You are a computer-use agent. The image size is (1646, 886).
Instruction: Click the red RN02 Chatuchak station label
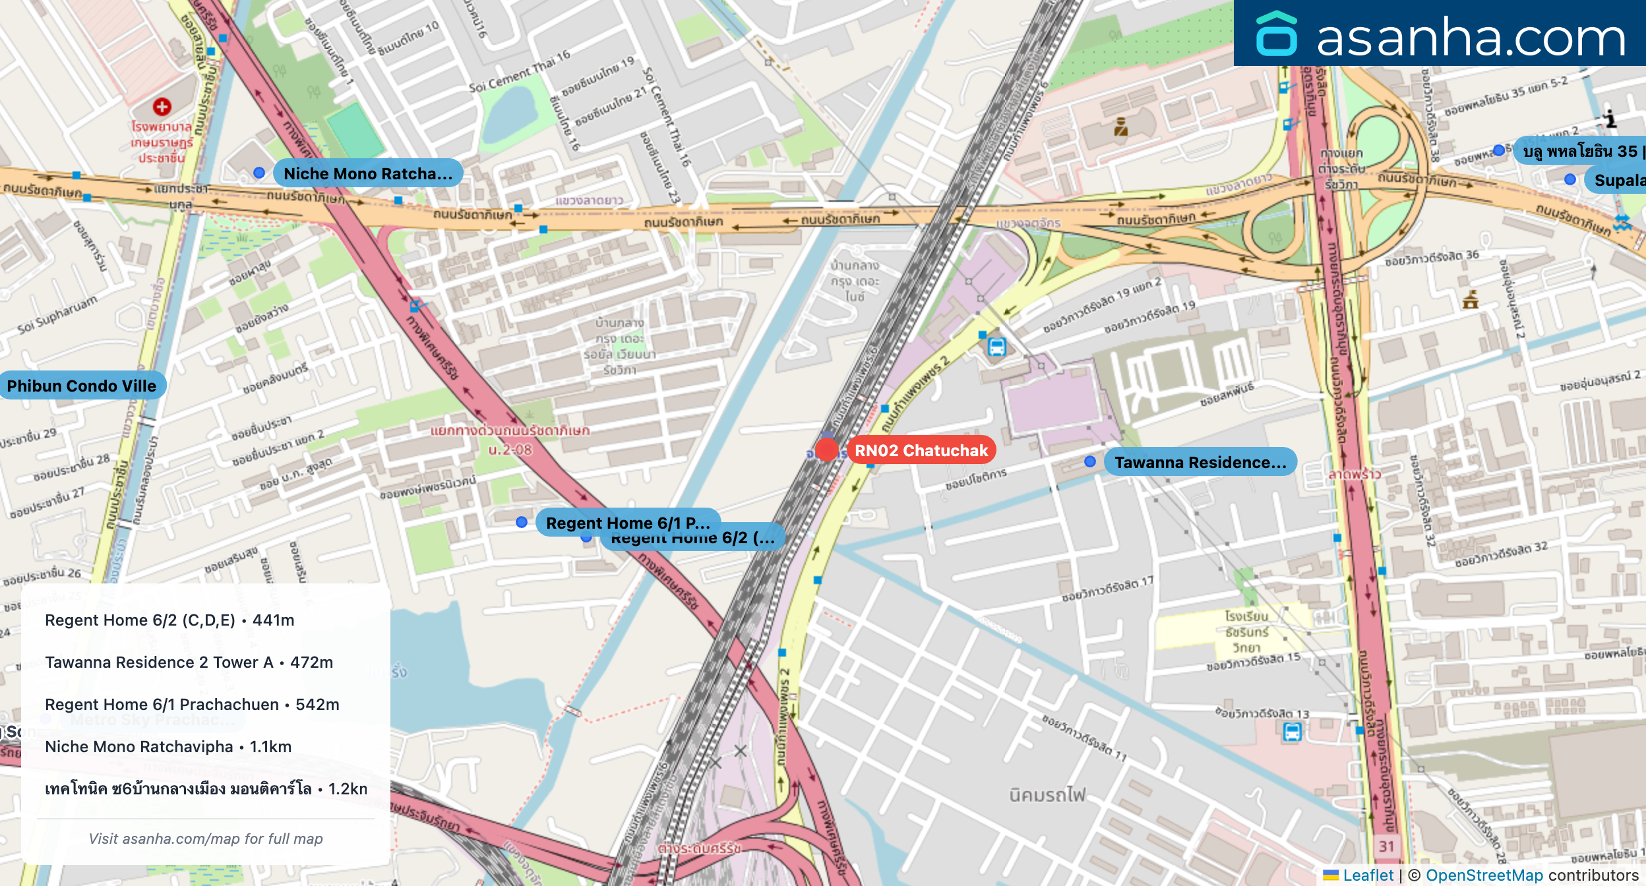[x=921, y=450]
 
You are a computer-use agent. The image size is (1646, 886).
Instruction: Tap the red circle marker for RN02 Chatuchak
[x=826, y=450]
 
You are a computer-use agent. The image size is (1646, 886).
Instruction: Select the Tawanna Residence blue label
[x=1200, y=462]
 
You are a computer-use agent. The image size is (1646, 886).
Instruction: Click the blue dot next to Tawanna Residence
[x=1090, y=461]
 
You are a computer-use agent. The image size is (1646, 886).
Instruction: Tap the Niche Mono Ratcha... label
[x=367, y=173]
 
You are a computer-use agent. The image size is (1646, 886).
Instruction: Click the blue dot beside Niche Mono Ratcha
[x=259, y=173]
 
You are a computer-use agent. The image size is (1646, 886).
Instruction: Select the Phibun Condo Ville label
[x=82, y=386]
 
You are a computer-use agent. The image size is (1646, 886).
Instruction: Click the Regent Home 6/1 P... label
[x=627, y=522]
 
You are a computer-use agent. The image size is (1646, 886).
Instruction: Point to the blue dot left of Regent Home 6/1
[x=522, y=522]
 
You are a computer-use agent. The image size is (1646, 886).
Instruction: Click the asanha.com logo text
[x=1471, y=38]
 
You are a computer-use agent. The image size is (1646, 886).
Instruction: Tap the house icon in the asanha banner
[x=1276, y=34]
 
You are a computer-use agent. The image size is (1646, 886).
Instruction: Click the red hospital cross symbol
[x=162, y=106]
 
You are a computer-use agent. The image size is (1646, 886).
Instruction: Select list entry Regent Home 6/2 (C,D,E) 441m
[x=169, y=620]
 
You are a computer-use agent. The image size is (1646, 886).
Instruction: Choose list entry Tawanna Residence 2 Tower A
[x=189, y=662]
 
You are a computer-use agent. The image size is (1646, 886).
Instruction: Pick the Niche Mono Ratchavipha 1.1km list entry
[x=168, y=746]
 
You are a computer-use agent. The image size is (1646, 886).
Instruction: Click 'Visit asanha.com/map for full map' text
[x=206, y=839]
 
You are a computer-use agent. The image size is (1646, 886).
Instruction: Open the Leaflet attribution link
[x=1368, y=875]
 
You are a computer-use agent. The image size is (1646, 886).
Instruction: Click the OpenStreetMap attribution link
[x=1484, y=875]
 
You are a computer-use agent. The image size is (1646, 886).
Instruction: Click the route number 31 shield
[x=1386, y=846]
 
